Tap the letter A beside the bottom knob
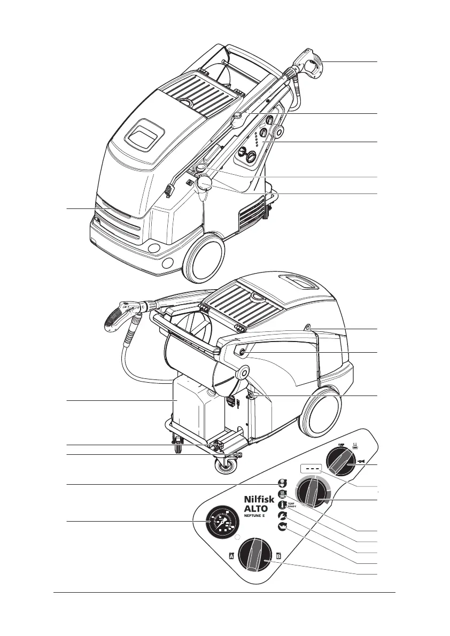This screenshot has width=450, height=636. [231, 556]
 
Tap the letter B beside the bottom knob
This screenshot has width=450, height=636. [278, 556]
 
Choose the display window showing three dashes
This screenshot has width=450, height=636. [311, 468]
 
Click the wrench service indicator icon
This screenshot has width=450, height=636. [282, 515]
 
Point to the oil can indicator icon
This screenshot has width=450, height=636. [282, 526]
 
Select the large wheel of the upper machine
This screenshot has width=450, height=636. [204, 259]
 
